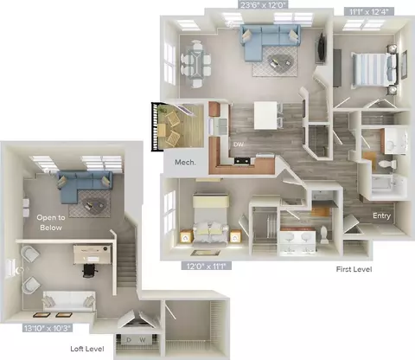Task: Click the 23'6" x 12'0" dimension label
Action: (x=262, y=5)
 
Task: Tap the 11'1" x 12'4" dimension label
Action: (x=368, y=11)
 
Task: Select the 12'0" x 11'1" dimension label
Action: (x=206, y=266)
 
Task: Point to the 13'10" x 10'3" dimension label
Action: (x=48, y=328)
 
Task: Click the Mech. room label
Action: (x=185, y=163)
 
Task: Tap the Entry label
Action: (x=381, y=215)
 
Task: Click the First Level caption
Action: (x=354, y=269)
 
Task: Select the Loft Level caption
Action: (x=87, y=349)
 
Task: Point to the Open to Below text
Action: (x=51, y=222)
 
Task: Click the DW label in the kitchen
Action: (x=239, y=145)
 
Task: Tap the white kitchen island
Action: (x=265, y=115)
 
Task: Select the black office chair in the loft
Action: (x=90, y=270)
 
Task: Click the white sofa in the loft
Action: (x=69, y=301)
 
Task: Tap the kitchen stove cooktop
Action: (x=242, y=161)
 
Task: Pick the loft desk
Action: (x=93, y=254)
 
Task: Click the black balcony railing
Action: (x=155, y=126)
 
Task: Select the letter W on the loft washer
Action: (x=143, y=340)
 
